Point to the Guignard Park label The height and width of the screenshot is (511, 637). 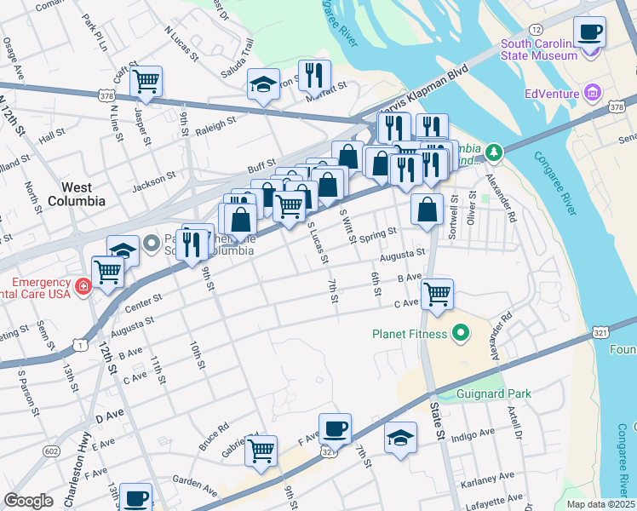[494, 393]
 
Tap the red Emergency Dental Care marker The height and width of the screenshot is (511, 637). [83, 286]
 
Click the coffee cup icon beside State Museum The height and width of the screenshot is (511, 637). [589, 32]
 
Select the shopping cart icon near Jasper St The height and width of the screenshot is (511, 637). [146, 82]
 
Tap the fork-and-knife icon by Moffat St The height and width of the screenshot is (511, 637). [314, 76]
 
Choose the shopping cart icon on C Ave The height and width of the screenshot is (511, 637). [437, 295]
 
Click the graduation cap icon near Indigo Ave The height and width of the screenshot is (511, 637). [400, 438]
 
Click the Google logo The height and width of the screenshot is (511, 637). [28, 501]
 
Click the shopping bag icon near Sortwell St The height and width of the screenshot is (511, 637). [427, 210]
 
